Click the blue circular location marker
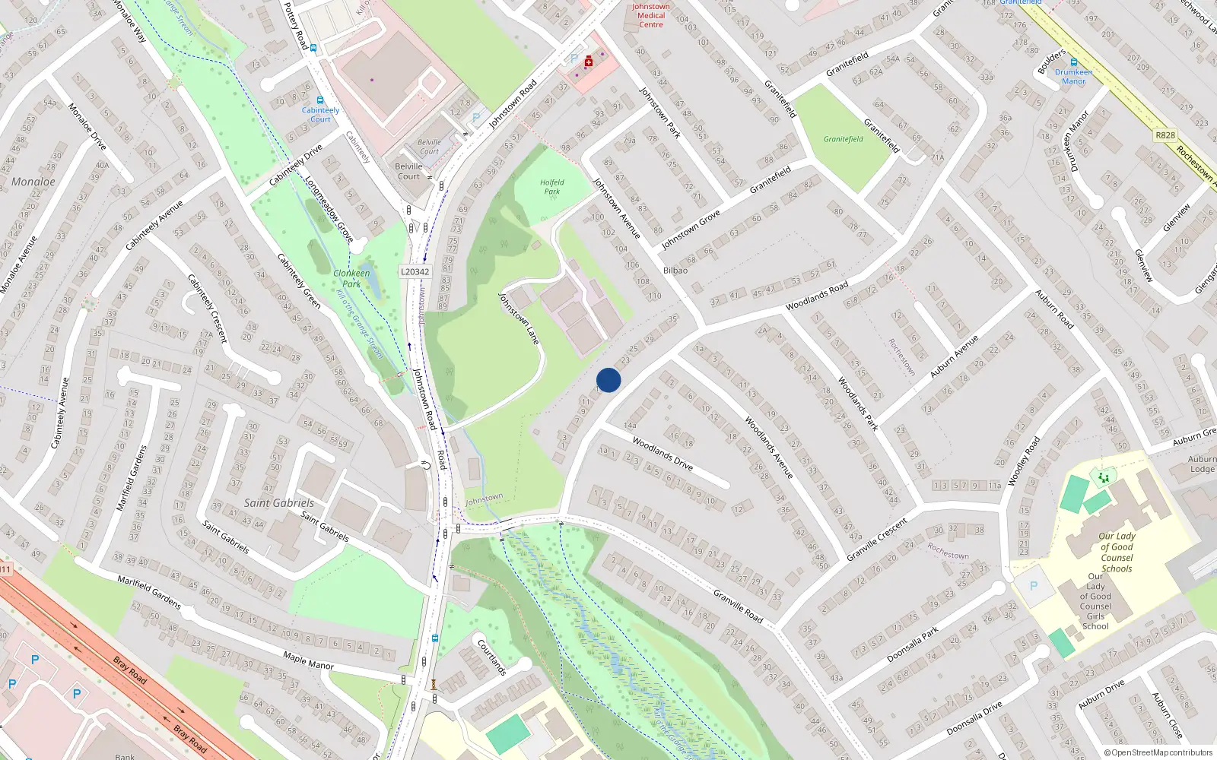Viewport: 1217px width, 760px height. (608, 380)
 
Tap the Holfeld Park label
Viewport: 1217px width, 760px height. (551, 187)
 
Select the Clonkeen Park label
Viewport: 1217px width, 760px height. (351, 278)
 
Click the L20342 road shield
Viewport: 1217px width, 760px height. (415, 271)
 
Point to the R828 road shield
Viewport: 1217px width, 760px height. (1165, 135)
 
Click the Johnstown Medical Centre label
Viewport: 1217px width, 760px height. (651, 15)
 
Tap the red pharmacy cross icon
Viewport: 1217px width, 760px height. (588, 62)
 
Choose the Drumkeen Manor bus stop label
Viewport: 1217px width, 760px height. (1073, 77)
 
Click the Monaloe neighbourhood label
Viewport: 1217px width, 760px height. (33, 182)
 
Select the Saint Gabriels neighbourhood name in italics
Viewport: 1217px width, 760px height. (278, 503)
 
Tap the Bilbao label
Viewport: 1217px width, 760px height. (675, 271)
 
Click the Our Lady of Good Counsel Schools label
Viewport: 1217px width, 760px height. (1117, 552)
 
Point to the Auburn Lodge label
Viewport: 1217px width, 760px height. (1202, 464)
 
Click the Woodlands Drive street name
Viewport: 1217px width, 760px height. (663, 454)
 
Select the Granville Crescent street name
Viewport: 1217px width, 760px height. (876, 540)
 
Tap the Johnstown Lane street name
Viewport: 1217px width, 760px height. (519, 318)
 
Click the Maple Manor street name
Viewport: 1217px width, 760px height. (308, 660)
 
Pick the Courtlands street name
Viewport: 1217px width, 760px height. (491, 657)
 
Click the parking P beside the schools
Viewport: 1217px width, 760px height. (1033, 586)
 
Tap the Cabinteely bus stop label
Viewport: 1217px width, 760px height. (320, 114)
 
